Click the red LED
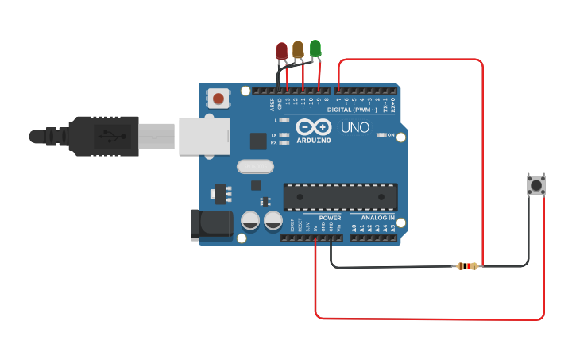[281, 52]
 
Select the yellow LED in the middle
[298, 49]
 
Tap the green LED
[315, 48]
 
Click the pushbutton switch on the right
[536, 185]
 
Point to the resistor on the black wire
[466, 266]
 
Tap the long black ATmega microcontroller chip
[340, 196]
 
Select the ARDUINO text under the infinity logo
[313, 140]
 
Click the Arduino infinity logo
[313, 127]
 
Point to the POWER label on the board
[330, 217]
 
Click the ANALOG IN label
[378, 217]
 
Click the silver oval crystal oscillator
[255, 166]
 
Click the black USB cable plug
[103, 136]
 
